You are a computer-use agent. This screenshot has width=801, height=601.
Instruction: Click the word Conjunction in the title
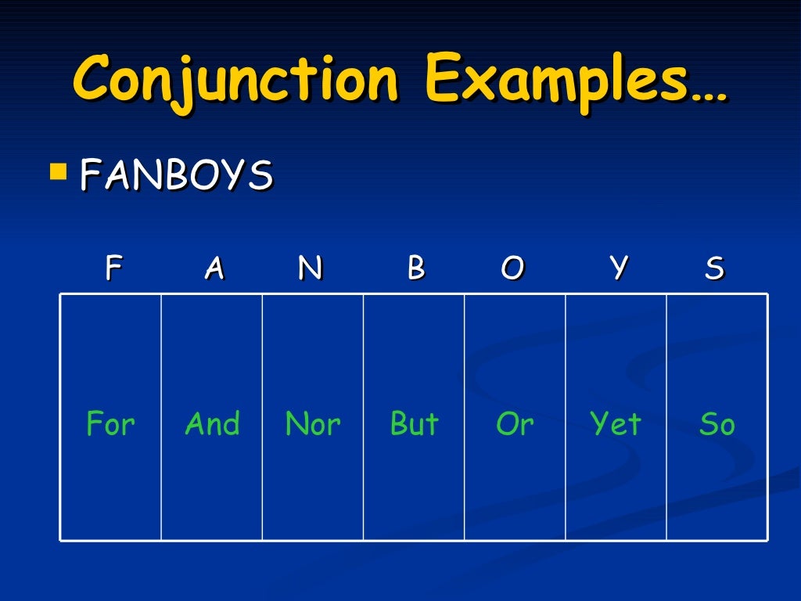click(x=235, y=80)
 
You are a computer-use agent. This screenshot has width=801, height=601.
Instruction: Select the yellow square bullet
click(x=57, y=171)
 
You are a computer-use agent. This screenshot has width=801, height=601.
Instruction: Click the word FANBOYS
click(x=176, y=175)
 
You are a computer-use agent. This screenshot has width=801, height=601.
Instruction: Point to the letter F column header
click(x=113, y=268)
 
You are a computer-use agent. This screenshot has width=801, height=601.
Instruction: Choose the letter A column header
click(x=214, y=268)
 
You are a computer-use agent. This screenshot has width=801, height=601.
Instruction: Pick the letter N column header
click(x=310, y=268)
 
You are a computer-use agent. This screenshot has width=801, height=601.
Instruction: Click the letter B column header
click(x=415, y=268)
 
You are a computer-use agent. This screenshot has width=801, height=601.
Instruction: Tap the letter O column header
click(x=512, y=268)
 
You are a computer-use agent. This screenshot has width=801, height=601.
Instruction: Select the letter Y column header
click(x=619, y=268)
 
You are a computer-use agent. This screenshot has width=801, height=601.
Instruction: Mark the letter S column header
click(x=714, y=268)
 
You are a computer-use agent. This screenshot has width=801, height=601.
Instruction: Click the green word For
click(x=110, y=424)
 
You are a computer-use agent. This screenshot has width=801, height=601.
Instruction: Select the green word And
click(x=212, y=424)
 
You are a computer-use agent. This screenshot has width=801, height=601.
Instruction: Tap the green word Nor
click(x=313, y=424)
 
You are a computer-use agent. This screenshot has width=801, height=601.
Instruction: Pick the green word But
click(x=415, y=424)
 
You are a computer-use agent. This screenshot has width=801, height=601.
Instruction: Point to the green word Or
click(x=515, y=424)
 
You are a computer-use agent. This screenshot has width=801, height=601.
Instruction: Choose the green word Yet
click(x=616, y=424)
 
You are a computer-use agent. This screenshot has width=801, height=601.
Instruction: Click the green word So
click(x=717, y=424)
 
